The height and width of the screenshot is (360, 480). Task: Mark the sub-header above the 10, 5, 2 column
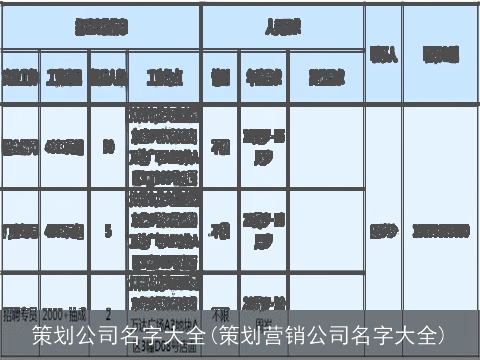107,76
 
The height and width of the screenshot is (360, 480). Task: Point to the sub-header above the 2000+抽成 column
65,76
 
